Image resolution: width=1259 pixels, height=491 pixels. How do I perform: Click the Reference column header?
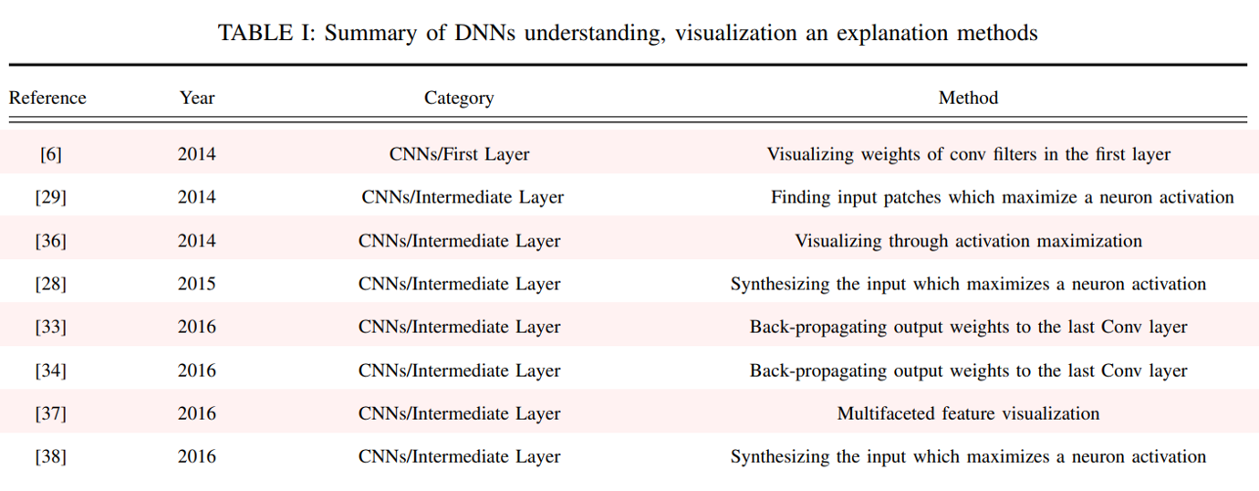tap(47, 98)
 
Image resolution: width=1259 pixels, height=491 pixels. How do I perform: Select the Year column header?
tap(197, 98)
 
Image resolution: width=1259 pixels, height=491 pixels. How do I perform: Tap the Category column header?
tap(459, 99)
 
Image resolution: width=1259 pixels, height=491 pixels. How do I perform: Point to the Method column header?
tap(968, 98)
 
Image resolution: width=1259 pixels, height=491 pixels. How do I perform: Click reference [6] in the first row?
tap(50, 154)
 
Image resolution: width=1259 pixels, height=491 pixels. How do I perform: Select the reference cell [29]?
tap(50, 197)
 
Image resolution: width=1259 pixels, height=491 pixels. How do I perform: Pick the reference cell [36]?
tap(50, 241)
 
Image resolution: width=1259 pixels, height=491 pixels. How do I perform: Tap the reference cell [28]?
tap(50, 284)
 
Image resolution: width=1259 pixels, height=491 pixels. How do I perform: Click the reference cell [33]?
tap(50, 327)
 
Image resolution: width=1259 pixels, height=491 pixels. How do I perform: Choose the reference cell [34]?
tap(50, 371)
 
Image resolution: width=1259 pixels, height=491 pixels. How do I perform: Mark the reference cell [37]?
tap(50, 413)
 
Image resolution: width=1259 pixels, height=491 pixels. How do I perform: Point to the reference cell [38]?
tap(50, 456)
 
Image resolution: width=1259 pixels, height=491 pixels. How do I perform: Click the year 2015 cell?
tap(197, 284)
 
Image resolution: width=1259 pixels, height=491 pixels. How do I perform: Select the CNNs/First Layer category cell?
tap(459, 154)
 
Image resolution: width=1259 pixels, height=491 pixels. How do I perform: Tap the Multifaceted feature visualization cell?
tap(968, 413)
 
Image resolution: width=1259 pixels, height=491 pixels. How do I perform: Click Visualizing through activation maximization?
tap(968, 241)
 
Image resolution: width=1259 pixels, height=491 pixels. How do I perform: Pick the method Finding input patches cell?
tap(1002, 197)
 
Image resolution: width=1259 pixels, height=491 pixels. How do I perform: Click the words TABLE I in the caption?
tap(263, 33)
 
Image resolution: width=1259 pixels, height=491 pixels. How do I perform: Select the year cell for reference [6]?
tap(197, 154)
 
